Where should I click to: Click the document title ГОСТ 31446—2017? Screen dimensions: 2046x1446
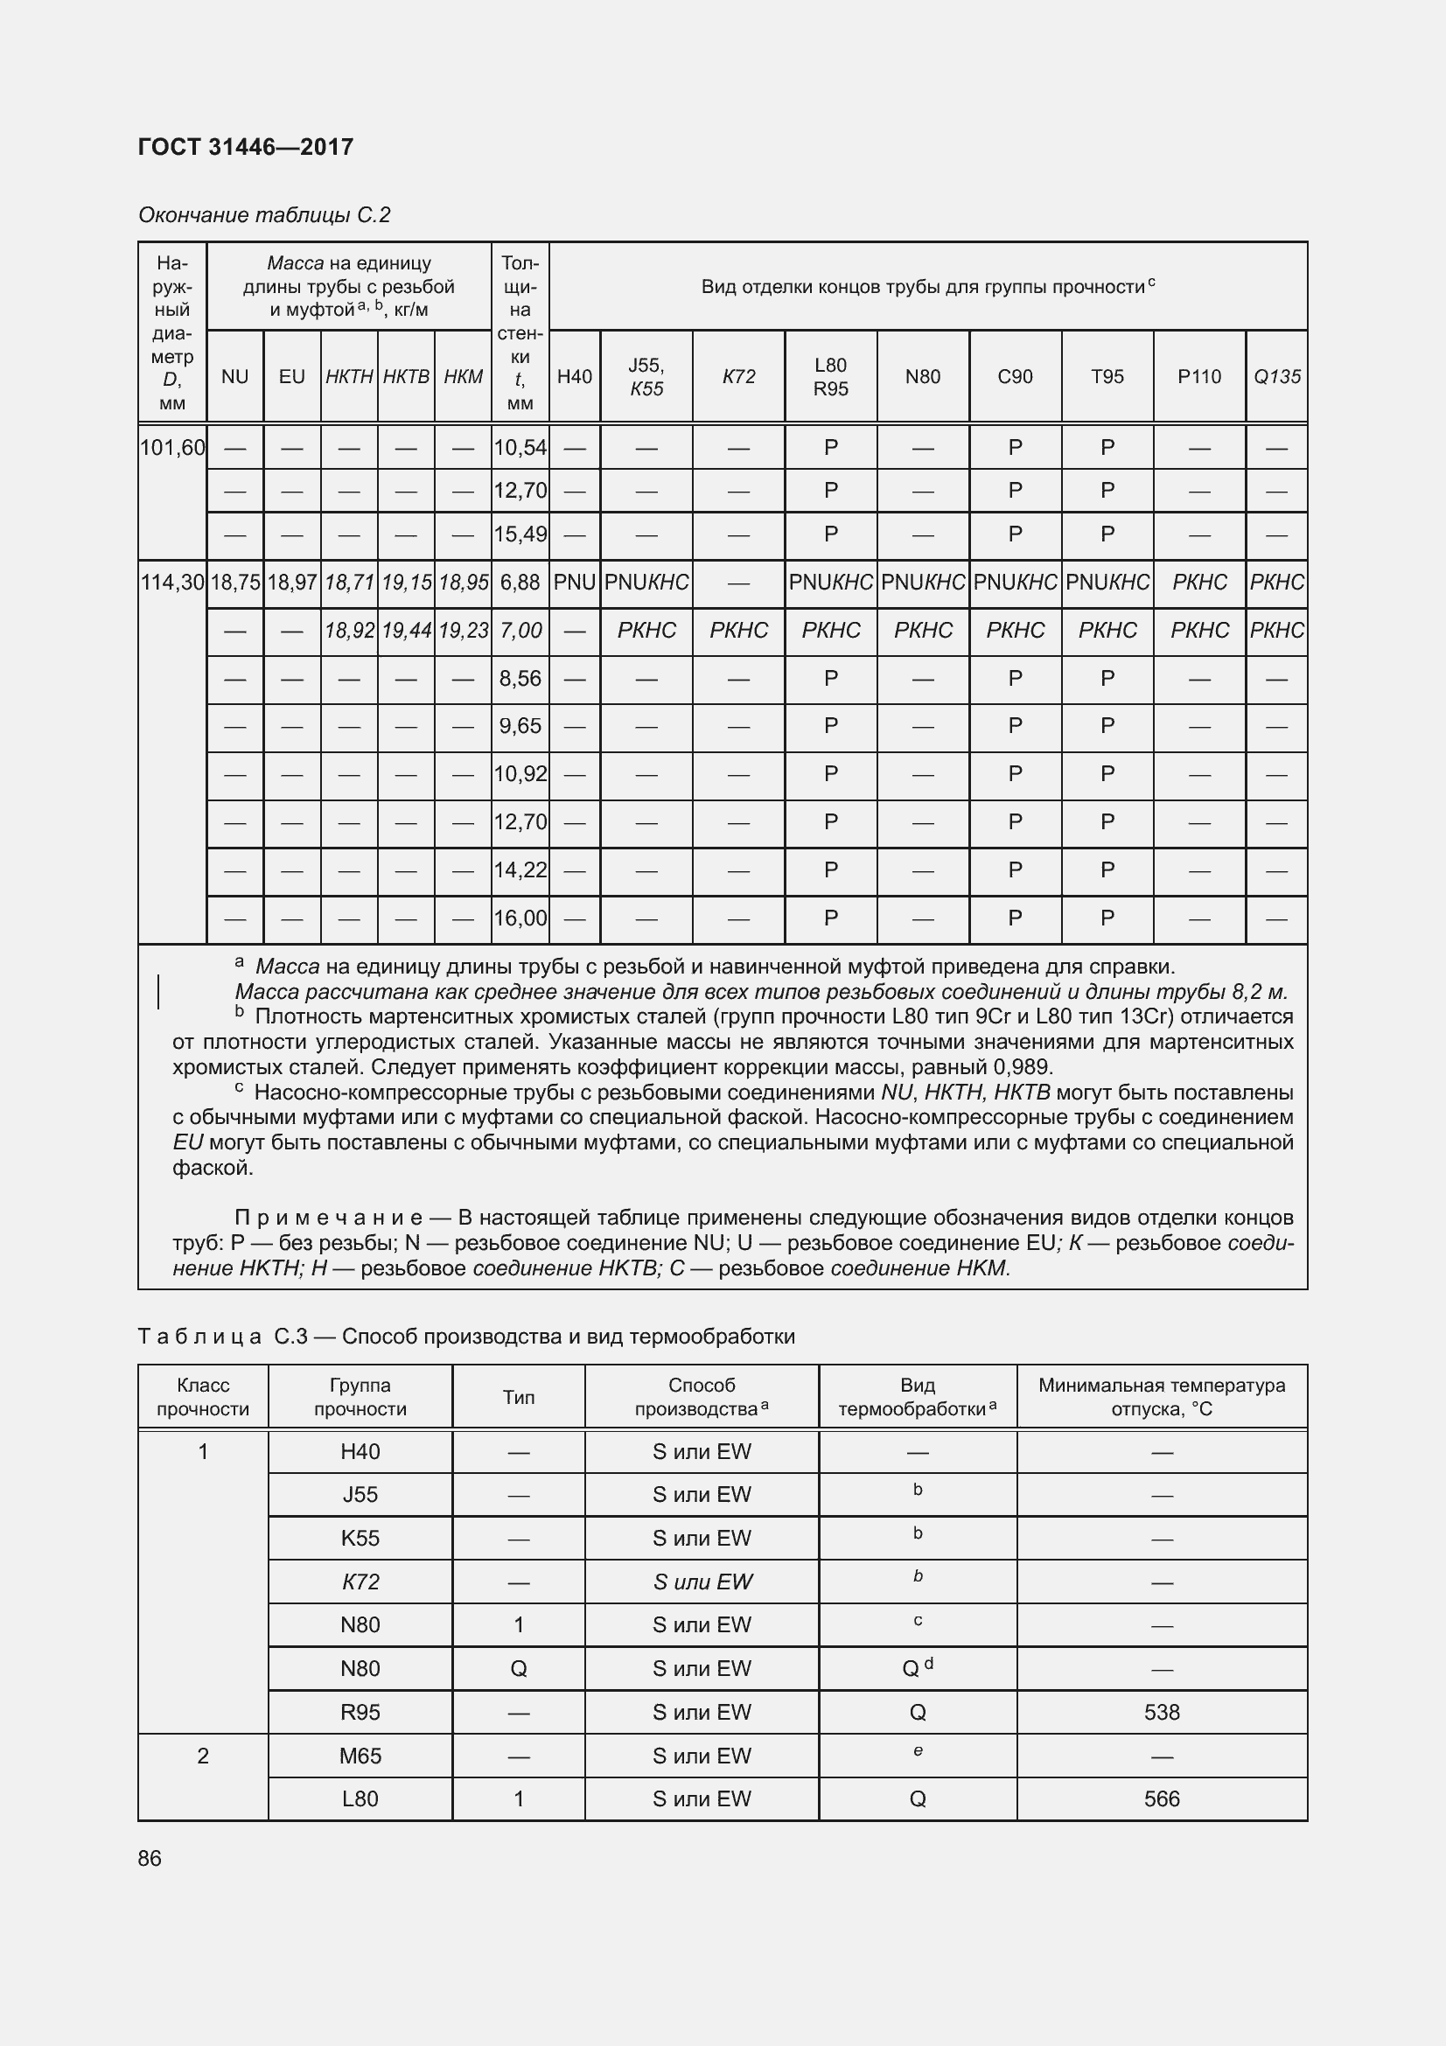246,147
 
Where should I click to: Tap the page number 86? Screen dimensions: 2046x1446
150,1858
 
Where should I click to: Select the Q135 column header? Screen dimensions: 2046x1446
1275,377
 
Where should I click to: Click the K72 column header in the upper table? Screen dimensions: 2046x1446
737,377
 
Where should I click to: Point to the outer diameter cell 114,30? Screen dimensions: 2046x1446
173,583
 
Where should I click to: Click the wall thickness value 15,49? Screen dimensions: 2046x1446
520,534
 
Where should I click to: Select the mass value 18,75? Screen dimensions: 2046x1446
235,583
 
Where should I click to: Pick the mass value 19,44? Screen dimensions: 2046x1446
406,631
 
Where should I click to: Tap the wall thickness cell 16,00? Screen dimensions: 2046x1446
520,918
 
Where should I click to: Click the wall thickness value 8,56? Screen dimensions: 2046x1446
520,679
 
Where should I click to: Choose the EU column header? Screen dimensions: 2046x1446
292,377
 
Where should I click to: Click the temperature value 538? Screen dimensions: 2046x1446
1162,1712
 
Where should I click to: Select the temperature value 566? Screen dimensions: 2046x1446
1162,1798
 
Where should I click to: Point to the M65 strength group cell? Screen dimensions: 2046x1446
360,1756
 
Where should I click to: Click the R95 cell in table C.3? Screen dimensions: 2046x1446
360,1712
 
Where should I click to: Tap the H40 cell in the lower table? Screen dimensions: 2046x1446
360,1452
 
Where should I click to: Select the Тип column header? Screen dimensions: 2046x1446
519,1397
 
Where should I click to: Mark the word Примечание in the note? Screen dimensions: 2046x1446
328,1218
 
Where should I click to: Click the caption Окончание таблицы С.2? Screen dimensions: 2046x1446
264,215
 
